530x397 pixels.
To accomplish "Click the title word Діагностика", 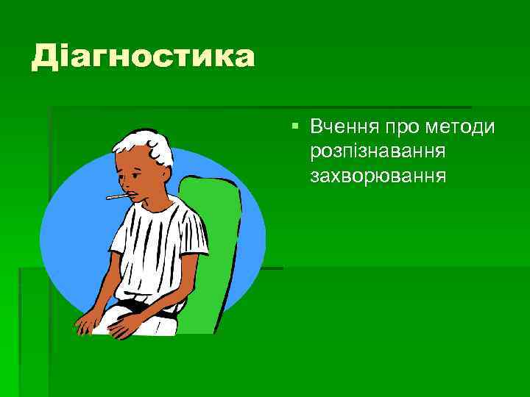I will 143,57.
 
